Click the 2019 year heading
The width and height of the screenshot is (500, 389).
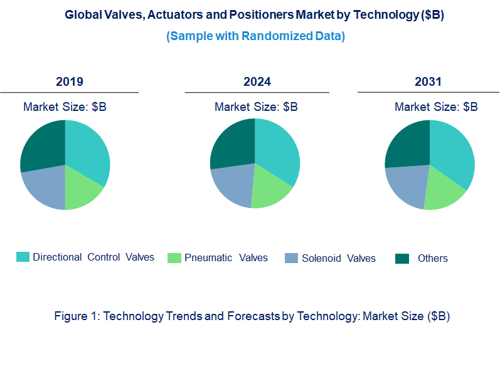pos(70,82)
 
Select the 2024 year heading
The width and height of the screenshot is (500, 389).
pos(257,82)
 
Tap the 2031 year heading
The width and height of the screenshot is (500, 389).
pos(428,82)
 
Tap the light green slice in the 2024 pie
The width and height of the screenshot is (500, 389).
pos(270,192)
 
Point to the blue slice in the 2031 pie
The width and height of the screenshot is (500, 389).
pos(406,185)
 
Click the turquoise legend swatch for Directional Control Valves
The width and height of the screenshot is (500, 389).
pos(23,257)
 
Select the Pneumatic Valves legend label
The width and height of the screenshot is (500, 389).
pos(226,257)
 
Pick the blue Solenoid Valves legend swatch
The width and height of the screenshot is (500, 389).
pos(291,258)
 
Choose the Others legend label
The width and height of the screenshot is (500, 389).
pos(433,258)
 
